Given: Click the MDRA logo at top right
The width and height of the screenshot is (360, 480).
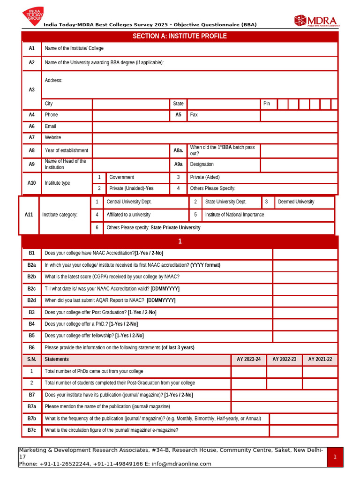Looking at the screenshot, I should [316, 21].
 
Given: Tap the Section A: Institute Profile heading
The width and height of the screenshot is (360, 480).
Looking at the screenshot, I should [180, 36].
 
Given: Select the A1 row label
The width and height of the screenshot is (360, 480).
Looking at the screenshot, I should [32, 48].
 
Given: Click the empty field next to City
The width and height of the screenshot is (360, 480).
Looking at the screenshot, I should [131, 104].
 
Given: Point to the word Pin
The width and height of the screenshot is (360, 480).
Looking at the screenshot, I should [267, 104].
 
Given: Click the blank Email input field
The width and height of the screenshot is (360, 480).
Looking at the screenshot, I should [215, 127].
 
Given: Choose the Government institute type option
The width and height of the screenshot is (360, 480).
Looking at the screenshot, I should [121, 177].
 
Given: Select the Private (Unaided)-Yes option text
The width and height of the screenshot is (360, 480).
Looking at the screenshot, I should [131, 188].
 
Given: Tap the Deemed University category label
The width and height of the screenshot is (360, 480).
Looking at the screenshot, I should [296, 202].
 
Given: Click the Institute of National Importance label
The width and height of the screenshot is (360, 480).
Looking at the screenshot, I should [234, 215].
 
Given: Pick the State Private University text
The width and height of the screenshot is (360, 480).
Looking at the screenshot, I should [175, 227].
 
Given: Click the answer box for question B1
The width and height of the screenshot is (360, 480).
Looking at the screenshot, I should [305, 253].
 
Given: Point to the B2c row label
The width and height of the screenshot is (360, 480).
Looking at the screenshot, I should [31, 289].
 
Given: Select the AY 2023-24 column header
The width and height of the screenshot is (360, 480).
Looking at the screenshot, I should [248, 359].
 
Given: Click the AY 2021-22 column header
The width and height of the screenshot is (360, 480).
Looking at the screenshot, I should [320, 359].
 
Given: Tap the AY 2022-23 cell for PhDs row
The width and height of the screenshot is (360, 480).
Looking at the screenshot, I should [284, 371].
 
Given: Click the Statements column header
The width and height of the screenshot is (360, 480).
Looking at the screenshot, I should [57, 359].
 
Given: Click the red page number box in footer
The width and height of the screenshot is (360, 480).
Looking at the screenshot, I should [335, 457].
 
